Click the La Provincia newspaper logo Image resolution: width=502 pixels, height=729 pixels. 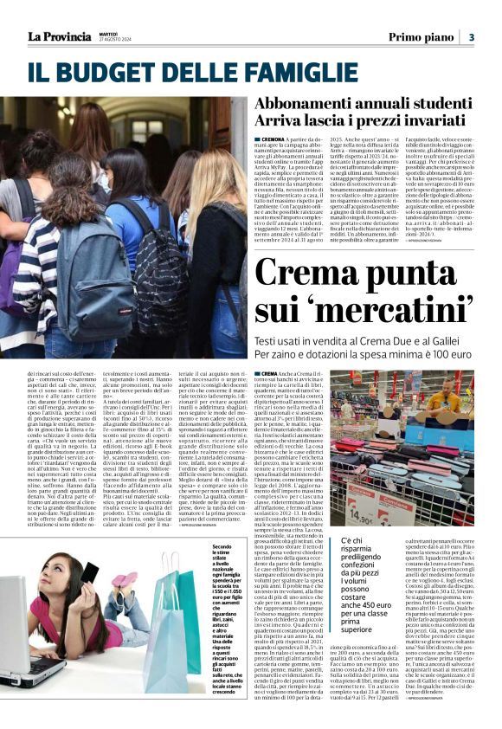pos(58,35)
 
